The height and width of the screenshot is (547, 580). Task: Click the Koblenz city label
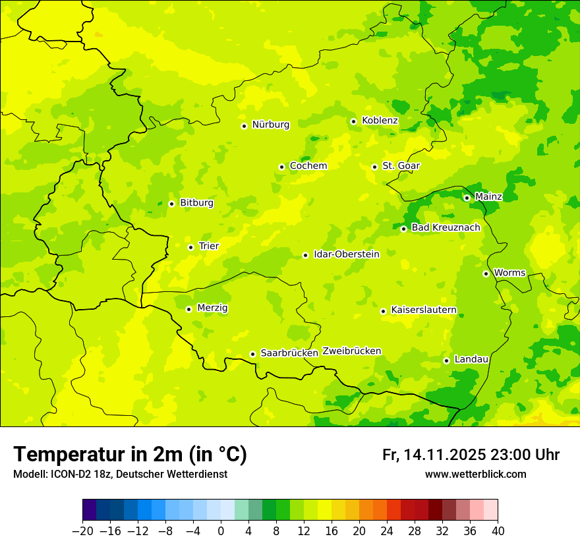tap(380, 121)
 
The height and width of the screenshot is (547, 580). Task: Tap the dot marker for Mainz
tap(467, 198)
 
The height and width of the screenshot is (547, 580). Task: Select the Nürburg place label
tap(270, 125)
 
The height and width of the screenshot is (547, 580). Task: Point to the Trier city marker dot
tap(190, 247)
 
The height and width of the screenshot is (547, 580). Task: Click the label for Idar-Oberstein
tap(346, 254)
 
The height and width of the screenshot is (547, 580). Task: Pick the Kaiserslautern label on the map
tap(424, 310)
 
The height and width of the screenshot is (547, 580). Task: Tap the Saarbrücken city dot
tap(252, 354)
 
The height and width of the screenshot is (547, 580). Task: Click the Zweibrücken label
tap(351, 351)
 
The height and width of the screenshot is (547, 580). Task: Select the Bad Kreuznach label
tap(446, 228)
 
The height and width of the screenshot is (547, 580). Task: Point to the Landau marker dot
tap(446, 360)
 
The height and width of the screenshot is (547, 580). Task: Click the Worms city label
tap(509, 273)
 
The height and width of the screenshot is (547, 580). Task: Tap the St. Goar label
tap(401, 166)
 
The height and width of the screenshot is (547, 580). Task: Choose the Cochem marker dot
tap(281, 167)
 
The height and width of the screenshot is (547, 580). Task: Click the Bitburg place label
tap(196, 203)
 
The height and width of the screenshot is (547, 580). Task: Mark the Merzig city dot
tap(188, 309)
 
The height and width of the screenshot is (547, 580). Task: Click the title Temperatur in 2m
tap(130, 455)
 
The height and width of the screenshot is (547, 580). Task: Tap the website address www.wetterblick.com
tap(475, 475)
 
